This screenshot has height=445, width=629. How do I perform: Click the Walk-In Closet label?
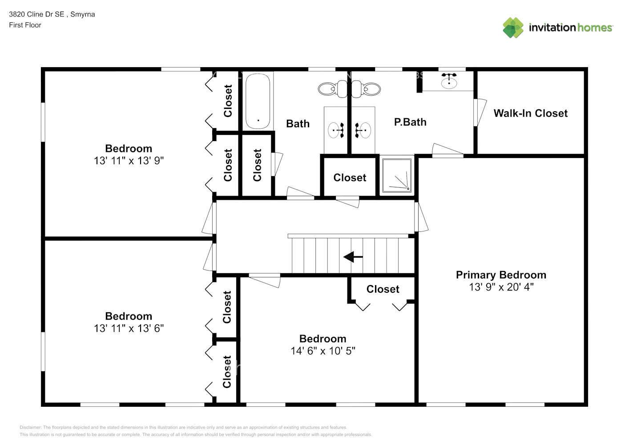click(530, 113)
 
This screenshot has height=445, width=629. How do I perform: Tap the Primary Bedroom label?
click(501, 275)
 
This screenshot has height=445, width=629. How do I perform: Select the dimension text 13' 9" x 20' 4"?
click(501, 287)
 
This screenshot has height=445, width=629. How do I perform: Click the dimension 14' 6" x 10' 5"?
click(323, 351)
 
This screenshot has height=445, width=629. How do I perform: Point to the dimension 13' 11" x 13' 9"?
click(129, 161)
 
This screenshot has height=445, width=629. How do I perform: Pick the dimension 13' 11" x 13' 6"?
click(129, 328)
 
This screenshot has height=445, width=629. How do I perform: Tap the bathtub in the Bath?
click(258, 101)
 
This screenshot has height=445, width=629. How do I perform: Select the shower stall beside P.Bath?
click(397, 175)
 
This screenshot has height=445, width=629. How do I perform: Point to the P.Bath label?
click(410, 122)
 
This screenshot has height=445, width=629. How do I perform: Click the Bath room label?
click(298, 124)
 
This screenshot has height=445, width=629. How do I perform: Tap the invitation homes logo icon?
click(513, 28)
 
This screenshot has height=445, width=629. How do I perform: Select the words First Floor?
click(25, 25)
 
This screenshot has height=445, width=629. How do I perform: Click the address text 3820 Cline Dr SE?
click(36, 14)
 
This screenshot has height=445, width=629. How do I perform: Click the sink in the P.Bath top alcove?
click(449, 81)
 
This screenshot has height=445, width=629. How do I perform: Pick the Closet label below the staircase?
click(383, 289)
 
